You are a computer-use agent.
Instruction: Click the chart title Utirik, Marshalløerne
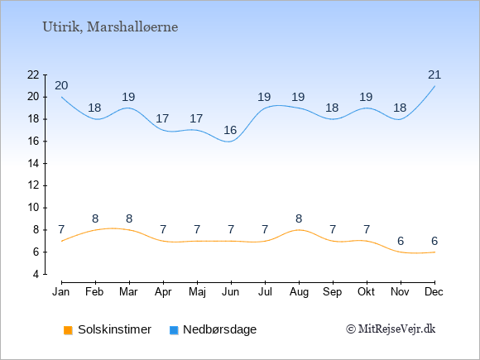point(110,27)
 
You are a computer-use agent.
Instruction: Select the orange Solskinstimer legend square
point(68,330)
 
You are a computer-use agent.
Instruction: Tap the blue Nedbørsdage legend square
point(174,330)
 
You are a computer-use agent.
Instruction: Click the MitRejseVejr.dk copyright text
point(391,329)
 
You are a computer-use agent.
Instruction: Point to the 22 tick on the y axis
point(33,74)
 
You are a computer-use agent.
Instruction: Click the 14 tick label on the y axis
point(33,164)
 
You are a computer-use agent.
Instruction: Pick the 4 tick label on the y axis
point(36,274)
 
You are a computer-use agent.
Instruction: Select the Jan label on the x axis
point(61,292)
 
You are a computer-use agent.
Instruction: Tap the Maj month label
point(197,292)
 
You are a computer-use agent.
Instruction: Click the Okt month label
point(366,292)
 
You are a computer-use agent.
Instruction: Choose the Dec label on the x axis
point(434,292)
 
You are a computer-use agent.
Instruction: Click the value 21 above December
point(434,74)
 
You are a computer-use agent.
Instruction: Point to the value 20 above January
point(61,86)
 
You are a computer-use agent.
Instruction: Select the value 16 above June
point(230,131)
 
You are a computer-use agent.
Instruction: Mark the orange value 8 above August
point(299,218)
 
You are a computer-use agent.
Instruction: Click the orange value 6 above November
point(401,241)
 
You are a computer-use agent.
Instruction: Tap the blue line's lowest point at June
point(229,142)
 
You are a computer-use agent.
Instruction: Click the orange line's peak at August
point(299,230)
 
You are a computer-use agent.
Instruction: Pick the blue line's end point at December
point(434,86)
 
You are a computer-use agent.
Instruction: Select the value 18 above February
point(94,108)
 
